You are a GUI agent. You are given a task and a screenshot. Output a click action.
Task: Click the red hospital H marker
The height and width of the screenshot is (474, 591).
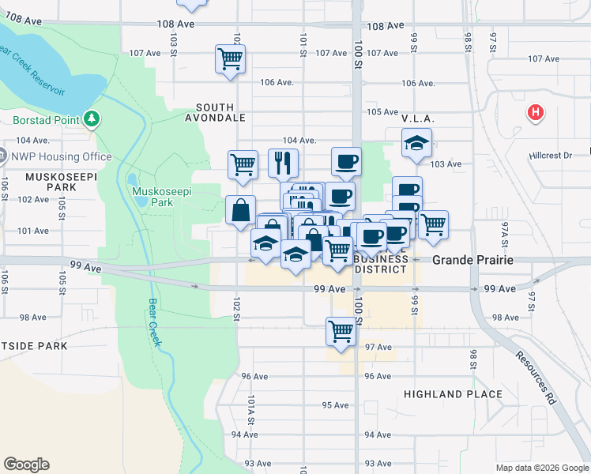pos(536,113)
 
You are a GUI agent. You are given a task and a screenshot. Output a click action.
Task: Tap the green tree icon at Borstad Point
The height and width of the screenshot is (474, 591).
pos(93,120)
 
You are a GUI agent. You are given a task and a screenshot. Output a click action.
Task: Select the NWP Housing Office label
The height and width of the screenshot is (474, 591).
pos(61,156)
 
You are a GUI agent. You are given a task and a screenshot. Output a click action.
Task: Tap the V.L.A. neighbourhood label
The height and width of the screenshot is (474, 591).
pos(419,118)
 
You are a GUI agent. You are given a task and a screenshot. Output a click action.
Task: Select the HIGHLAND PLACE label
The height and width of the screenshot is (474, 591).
pos(453,393)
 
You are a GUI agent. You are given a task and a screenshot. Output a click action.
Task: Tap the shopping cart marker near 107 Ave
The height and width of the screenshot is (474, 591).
pos(230,58)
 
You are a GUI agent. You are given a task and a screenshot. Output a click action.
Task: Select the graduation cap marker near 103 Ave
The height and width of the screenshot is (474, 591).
pos(416,143)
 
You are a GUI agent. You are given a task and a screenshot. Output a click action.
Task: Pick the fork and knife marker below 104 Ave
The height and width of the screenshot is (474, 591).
pos(283,164)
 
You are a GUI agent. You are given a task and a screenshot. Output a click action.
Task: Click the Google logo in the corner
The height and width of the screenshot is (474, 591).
pos(27,465)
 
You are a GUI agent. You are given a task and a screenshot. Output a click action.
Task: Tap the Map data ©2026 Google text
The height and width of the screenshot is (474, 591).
pos(542,468)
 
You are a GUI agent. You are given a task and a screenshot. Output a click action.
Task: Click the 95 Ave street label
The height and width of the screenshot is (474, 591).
pos(335,405)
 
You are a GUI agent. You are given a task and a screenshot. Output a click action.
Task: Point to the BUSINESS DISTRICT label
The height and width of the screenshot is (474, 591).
pos(381,264)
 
